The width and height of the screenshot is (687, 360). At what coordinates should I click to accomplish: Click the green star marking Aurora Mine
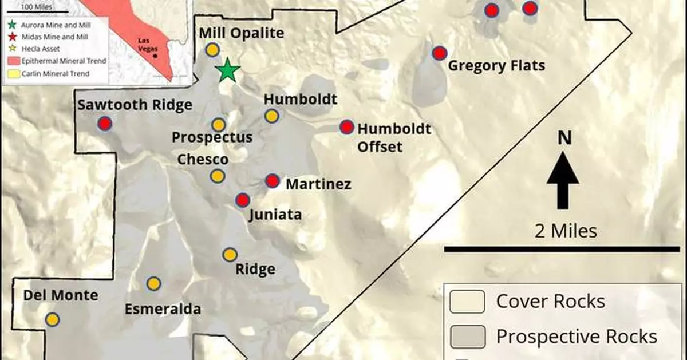pyautogui.click(x=228, y=70)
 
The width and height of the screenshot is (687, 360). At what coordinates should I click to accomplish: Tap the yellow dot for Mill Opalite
pyautogui.click(x=212, y=50)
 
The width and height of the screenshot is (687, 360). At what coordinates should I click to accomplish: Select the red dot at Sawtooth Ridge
pyautogui.click(x=105, y=124)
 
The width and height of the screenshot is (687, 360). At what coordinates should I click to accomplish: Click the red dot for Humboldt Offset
pyautogui.click(x=346, y=127)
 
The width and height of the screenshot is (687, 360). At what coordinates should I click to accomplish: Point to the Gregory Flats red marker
pyautogui.click(x=439, y=53)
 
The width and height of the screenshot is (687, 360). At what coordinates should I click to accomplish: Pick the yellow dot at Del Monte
pyautogui.click(x=52, y=319)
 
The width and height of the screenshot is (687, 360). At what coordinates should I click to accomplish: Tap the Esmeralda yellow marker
pyautogui.click(x=153, y=283)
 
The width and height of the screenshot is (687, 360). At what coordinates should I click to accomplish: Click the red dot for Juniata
pyautogui.click(x=243, y=200)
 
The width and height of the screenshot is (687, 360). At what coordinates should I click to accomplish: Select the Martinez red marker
pyautogui.click(x=273, y=181)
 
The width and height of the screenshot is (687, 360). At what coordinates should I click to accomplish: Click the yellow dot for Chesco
pyautogui.click(x=217, y=176)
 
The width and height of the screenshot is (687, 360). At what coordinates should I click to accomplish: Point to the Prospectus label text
pyautogui.click(x=212, y=138)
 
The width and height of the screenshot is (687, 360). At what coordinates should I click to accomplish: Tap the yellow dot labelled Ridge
pyautogui.click(x=230, y=255)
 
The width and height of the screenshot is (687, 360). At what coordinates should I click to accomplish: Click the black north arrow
pyautogui.click(x=563, y=180)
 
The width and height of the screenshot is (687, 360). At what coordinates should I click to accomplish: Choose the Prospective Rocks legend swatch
pyautogui.click(x=467, y=337)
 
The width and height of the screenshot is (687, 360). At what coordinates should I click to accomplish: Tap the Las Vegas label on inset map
pyautogui.click(x=145, y=45)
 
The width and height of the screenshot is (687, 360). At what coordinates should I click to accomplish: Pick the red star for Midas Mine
pyautogui.click(x=11, y=37)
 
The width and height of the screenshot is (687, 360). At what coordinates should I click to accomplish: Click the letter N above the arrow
pyautogui.click(x=564, y=139)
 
